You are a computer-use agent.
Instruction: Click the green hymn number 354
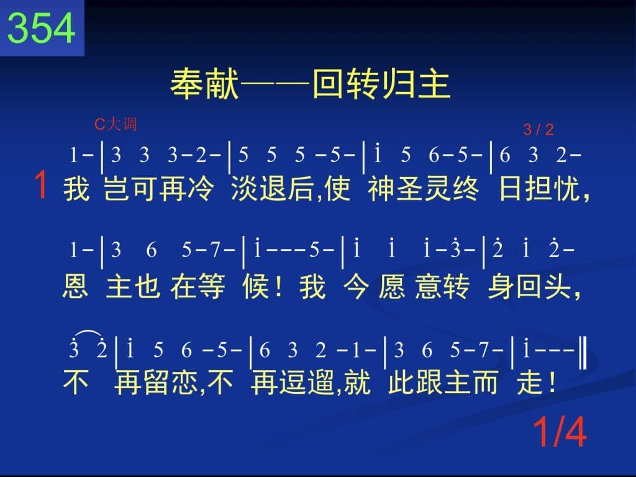42,27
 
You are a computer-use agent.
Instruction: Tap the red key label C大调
115,124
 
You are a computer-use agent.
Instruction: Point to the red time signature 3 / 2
538,130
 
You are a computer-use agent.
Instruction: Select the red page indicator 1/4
560,432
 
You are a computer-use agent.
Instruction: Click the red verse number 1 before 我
42,185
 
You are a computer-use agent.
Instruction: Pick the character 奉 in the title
187,84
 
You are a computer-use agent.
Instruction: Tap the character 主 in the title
434,84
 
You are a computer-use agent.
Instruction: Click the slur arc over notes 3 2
88,333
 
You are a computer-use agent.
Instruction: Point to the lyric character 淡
245,188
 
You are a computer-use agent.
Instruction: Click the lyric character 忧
566,188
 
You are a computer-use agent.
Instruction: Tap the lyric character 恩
75,286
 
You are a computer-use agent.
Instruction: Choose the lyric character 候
256,286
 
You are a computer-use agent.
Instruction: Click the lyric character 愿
392,286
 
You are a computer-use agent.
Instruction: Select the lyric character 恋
185,382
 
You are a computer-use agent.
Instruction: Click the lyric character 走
530,382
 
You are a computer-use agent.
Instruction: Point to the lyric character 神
381,188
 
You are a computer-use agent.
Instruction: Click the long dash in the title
275,84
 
